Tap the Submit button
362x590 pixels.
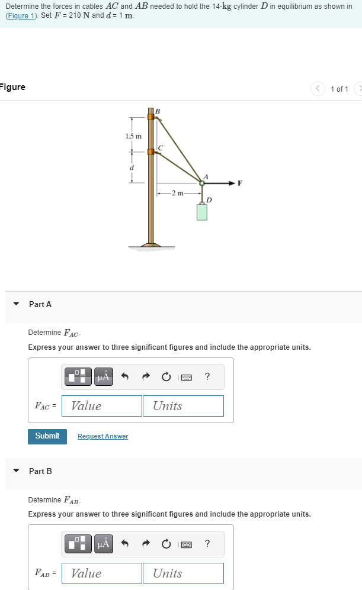[x=47, y=436]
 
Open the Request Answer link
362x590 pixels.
[x=102, y=437]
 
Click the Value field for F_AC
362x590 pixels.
[x=101, y=406]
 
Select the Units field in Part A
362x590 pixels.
[x=182, y=406]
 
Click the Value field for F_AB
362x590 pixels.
[x=101, y=573]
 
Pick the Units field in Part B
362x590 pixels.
[x=182, y=573]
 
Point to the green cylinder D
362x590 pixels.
[x=202, y=212]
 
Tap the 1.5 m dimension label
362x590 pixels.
[x=133, y=137]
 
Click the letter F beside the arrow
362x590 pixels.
[x=240, y=183]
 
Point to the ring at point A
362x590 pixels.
[x=202, y=183]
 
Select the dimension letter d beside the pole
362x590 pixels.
[x=132, y=167]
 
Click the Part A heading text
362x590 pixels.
[x=40, y=304]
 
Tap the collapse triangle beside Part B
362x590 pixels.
[x=17, y=472]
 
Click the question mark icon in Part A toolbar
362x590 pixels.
[x=207, y=376]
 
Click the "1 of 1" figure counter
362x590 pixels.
[x=339, y=89]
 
